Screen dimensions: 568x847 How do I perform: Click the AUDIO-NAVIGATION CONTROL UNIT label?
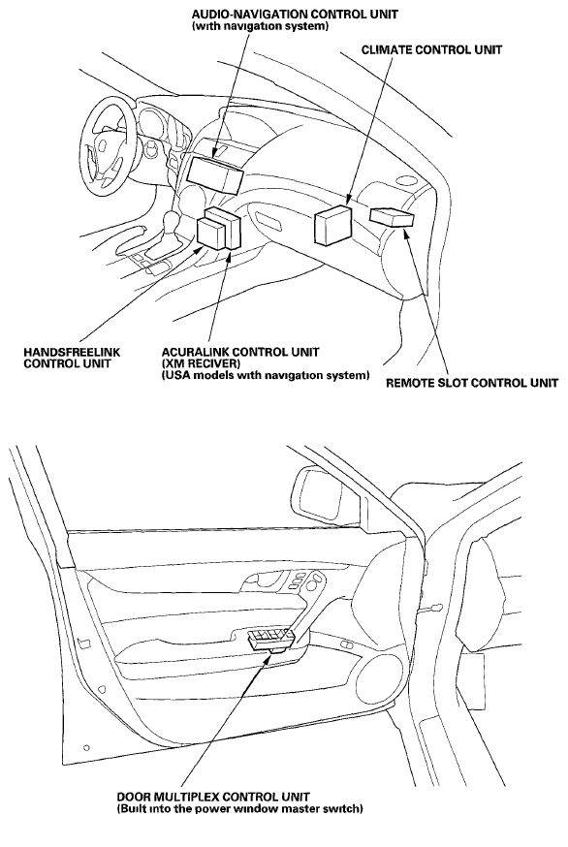(x=295, y=14)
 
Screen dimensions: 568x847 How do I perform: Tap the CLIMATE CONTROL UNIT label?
(x=431, y=49)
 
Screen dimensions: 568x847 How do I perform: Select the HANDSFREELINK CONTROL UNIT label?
(x=72, y=358)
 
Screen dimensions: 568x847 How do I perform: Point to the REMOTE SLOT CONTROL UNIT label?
(x=472, y=383)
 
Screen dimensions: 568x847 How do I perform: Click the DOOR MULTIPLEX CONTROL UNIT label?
(x=213, y=797)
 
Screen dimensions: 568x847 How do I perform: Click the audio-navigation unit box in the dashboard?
(x=214, y=175)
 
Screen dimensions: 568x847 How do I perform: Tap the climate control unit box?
(x=332, y=225)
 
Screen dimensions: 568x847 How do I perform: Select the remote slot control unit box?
(x=393, y=218)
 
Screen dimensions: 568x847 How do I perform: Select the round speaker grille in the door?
(x=379, y=678)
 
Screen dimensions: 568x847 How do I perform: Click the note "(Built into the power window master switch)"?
(x=240, y=809)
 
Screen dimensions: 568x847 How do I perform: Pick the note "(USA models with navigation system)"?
(x=266, y=375)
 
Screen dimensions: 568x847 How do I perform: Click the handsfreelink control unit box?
(x=211, y=233)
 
